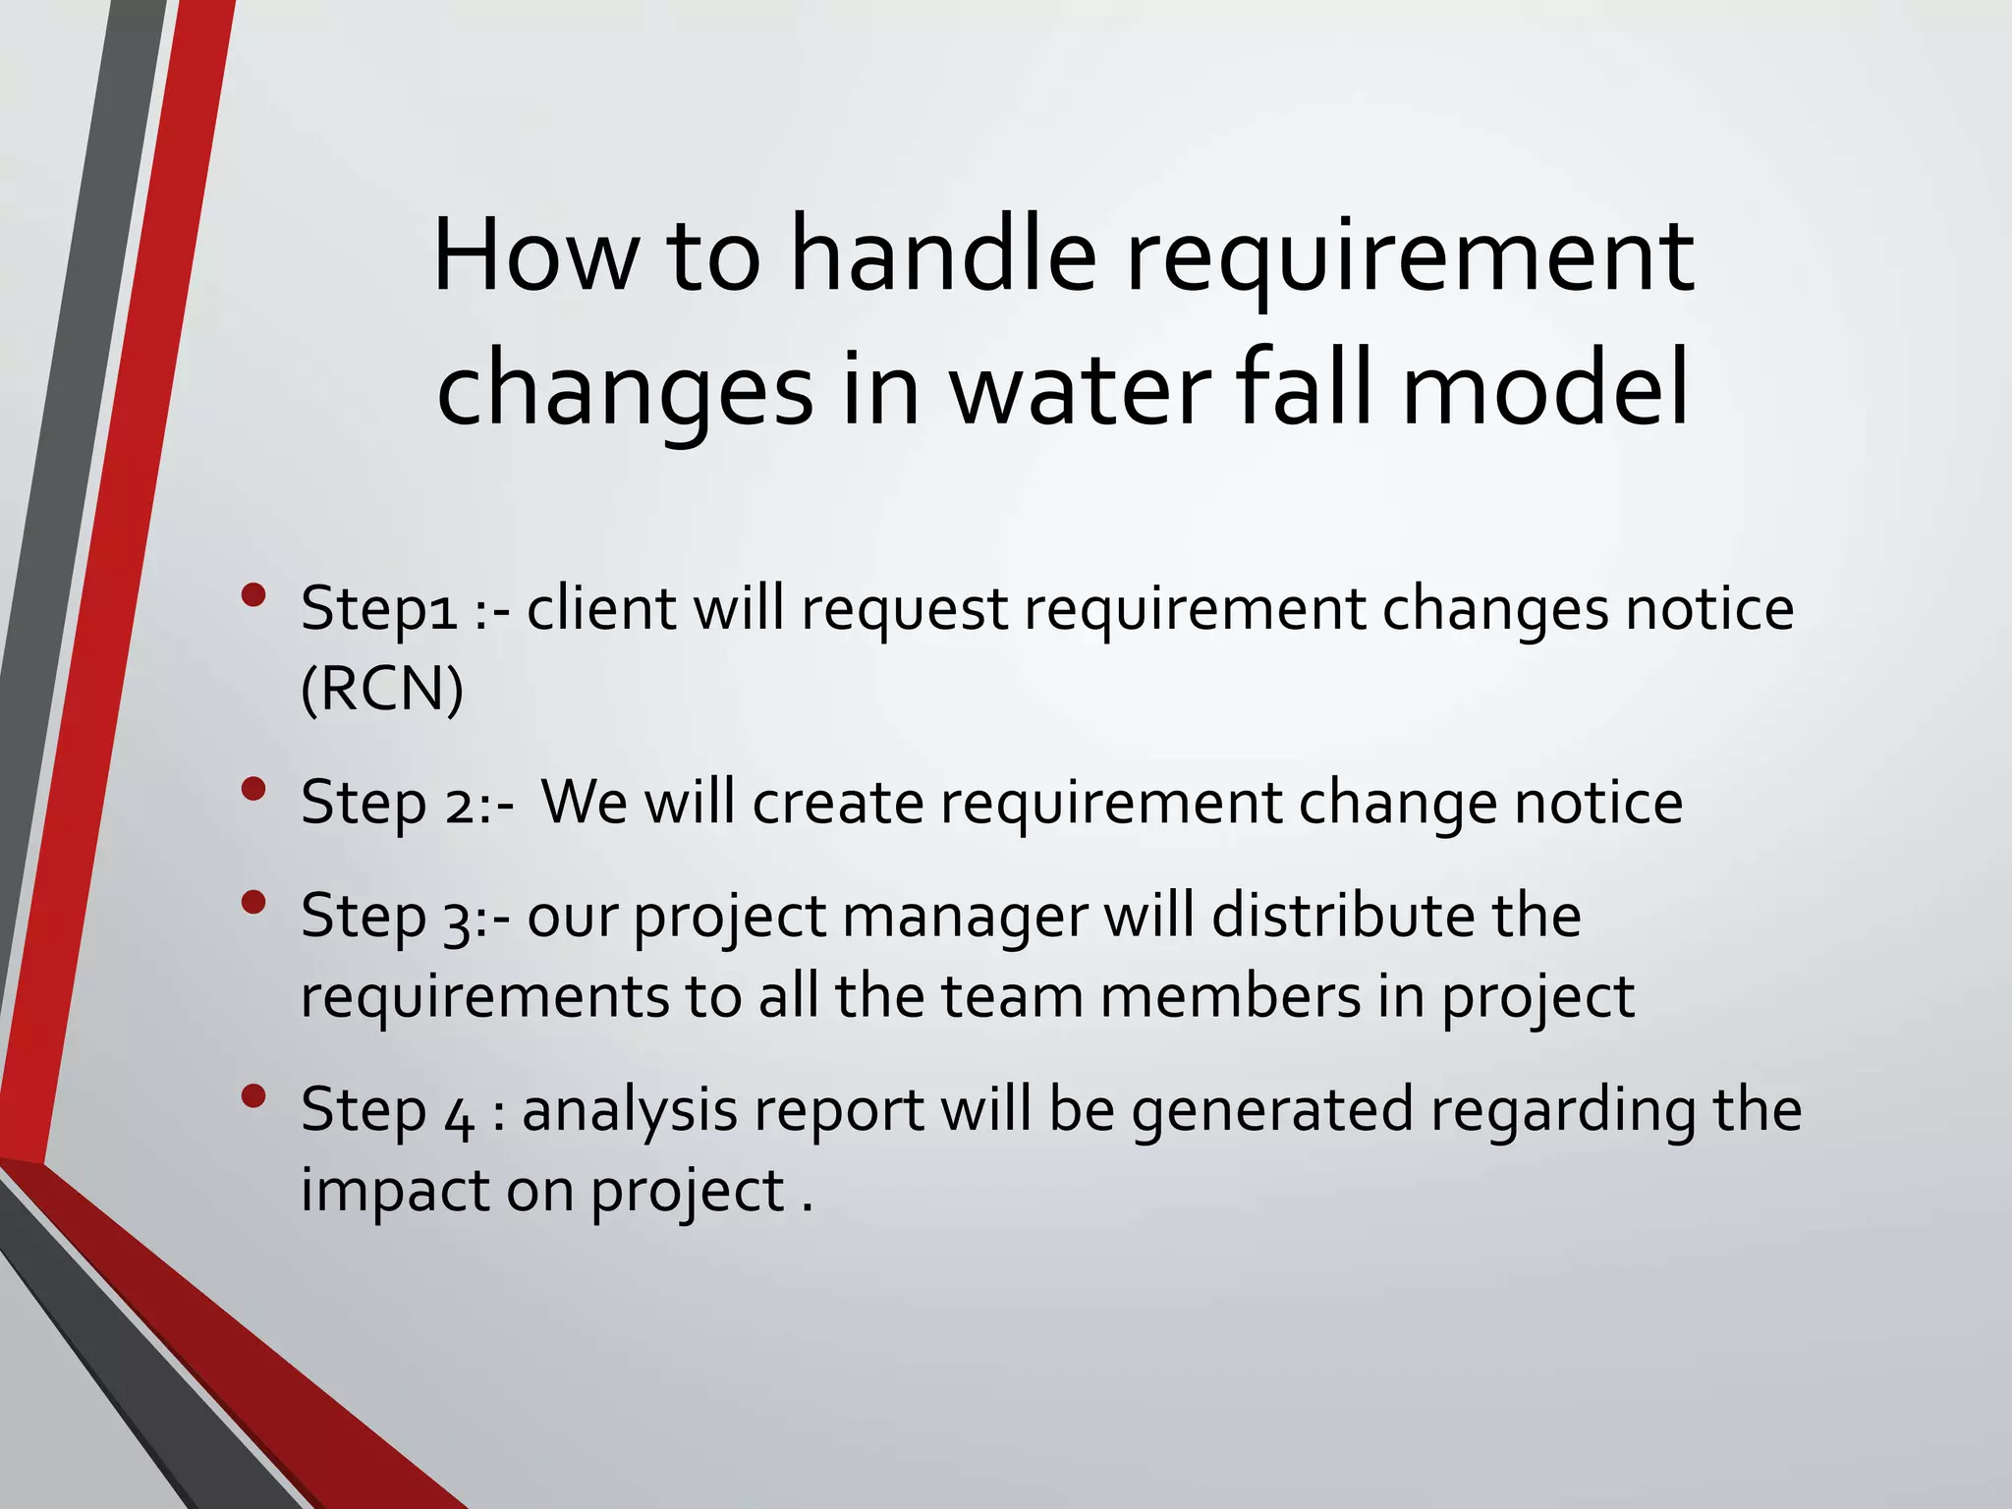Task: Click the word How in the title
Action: point(534,257)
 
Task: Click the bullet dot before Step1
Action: point(253,595)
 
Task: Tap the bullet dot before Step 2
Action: point(253,789)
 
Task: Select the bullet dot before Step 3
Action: point(253,902)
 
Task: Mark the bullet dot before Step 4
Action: point(253,1095)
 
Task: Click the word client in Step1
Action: point(601,608)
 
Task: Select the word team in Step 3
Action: point(1012,996)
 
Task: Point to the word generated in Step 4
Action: point(1273,1111)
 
